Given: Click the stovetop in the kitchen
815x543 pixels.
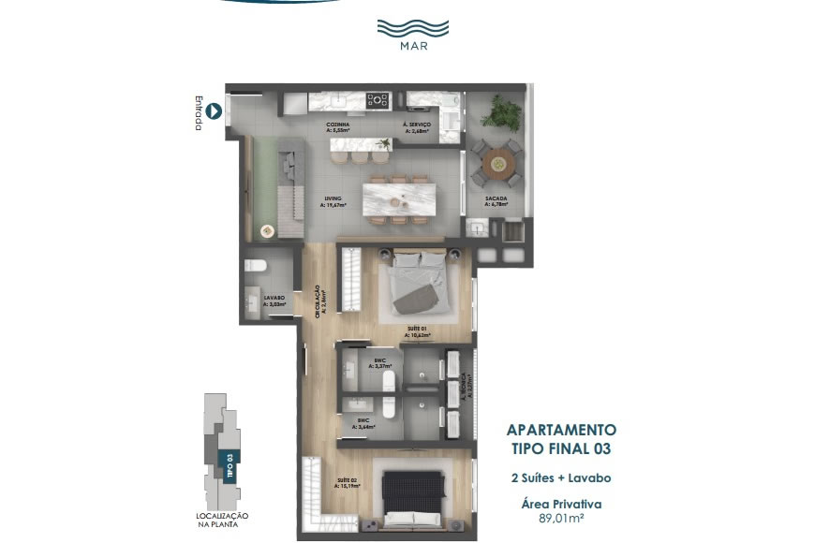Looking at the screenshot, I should [x=378, y=98].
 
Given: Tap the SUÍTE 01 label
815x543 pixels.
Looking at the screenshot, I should [x=418, y=330].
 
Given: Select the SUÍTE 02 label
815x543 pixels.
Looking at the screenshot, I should [x=348, y=484].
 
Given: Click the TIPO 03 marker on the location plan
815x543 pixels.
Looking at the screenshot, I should [x=226, y=464].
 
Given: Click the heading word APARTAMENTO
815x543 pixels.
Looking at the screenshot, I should [x=561, y=431].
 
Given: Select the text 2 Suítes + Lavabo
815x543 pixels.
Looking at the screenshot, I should [x=561, y=478].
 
